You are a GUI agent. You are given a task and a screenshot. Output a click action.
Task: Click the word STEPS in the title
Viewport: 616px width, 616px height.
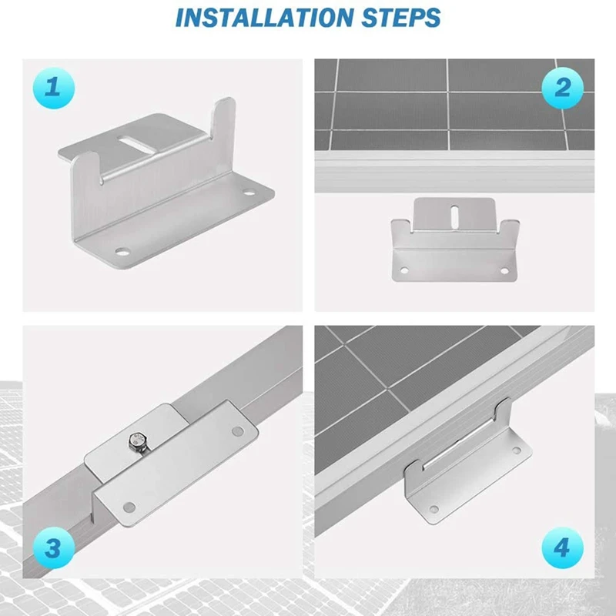(x=400, y=17)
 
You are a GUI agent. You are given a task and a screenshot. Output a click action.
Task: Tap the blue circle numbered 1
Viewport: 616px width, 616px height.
(x=53, y=88)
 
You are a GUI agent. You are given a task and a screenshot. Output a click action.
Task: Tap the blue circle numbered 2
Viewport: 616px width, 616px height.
(x=562, y=88)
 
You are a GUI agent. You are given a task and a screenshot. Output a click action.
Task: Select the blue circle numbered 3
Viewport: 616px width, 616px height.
(x=53, y=547)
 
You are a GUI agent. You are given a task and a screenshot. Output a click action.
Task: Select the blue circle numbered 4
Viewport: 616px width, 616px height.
(x=562, y=547)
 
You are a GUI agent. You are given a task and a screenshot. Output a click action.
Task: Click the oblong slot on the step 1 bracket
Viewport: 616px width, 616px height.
(x=132, y=142)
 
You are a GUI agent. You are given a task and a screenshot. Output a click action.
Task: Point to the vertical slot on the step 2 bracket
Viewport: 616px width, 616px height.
(x=455, y=217)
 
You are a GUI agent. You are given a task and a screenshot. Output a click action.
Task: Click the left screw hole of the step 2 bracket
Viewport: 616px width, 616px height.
(x=403, y=270)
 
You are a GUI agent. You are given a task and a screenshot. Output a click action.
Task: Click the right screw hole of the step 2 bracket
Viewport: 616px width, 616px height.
(x=504, y=270)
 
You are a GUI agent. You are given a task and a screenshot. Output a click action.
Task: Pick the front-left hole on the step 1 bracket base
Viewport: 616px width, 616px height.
(x=122, y=252)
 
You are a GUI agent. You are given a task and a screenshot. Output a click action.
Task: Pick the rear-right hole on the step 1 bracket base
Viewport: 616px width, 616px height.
(x=249, y=192)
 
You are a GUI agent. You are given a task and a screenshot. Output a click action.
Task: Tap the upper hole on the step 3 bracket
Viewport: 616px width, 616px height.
(x=237, y=431)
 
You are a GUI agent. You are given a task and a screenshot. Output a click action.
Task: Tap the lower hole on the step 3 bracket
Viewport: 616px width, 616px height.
(x=129, y=507)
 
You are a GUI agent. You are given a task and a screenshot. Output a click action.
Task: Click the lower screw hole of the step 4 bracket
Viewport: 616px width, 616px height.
(x=434, y=509)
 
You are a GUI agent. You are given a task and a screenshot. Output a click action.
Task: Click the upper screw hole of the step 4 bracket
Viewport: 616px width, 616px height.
(x=517, y=450)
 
